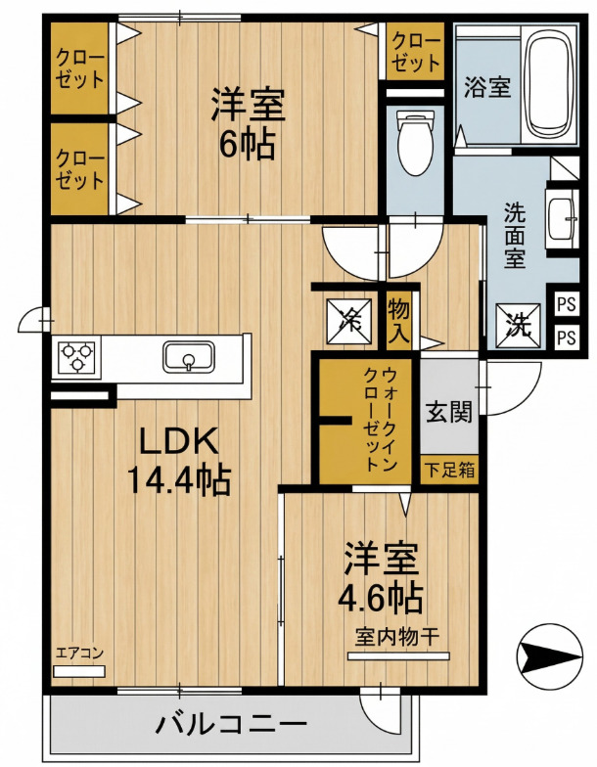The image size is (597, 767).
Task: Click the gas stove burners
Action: click(x=75, y=356)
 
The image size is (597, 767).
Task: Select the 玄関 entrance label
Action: click(x=449, y=412)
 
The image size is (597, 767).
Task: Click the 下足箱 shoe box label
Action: click(x=450, y=469)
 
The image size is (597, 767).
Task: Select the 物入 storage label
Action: click(x=399, y=321)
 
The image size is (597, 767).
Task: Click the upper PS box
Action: click(x=566, y=304)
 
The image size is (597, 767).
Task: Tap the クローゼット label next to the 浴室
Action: click(x=416, y=52)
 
